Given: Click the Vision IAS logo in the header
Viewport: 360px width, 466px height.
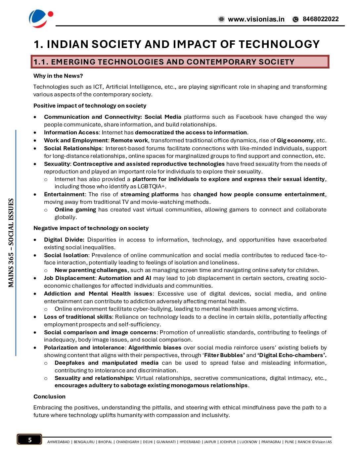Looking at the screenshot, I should point(41,18).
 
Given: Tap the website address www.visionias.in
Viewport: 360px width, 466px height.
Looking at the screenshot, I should point(256,19).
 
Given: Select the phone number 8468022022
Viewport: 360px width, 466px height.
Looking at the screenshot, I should point(321,19).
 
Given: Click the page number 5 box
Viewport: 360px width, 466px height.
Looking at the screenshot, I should point(30,440).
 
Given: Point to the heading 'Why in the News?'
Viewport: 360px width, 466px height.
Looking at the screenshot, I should point(58,76).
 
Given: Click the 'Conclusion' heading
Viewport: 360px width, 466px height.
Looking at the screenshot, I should point(49,396).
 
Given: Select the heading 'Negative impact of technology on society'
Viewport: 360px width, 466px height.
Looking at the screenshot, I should point(91,228).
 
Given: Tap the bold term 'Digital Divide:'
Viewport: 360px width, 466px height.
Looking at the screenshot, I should point(64,240).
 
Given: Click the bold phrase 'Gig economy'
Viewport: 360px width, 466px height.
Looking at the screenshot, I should point(295,140).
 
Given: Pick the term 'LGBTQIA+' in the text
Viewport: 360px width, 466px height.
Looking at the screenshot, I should point(151,187).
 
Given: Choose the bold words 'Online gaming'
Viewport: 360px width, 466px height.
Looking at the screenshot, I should point(75,210).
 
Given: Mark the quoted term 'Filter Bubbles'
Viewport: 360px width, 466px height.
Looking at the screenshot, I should point(224,355).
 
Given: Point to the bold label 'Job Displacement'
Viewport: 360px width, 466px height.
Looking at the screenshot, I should point(69,278).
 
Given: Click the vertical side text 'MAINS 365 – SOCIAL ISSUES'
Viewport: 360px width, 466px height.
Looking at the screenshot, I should point(11,243).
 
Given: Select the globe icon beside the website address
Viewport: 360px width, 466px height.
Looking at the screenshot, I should point(221,19).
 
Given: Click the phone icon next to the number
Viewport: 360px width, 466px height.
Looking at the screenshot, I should point(295,19).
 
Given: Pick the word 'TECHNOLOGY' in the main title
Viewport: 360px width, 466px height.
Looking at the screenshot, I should point(279,44).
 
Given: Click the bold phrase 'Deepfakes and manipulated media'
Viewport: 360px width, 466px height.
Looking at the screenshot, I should point(107,363).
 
